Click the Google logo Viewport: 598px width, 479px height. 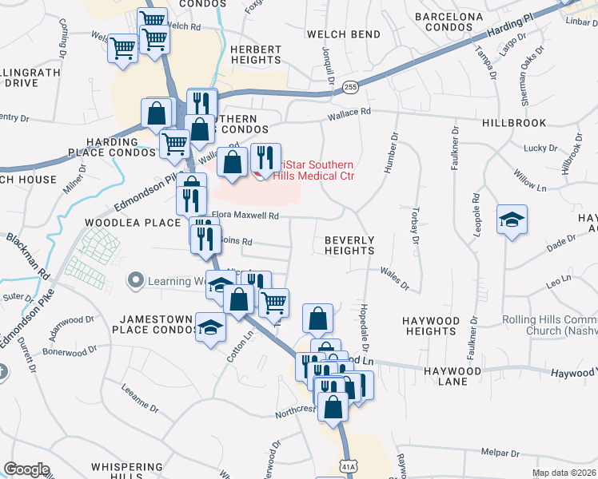(x=26, y=470)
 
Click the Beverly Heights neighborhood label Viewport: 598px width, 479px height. (x=349, y=245)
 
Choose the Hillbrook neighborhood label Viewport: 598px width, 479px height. (x=514, y=123)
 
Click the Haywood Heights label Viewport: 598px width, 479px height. (x=431, y=326)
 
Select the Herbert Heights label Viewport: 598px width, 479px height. (x=256, y=54)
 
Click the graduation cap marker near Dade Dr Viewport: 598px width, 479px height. (x=512, y=220)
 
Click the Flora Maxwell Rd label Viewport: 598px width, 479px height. (x=246, y=216)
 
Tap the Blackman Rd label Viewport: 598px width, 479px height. (x=28, y=255)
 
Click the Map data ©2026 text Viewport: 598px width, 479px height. (x=564, y=473)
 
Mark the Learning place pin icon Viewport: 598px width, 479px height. (x=136, y=281)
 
